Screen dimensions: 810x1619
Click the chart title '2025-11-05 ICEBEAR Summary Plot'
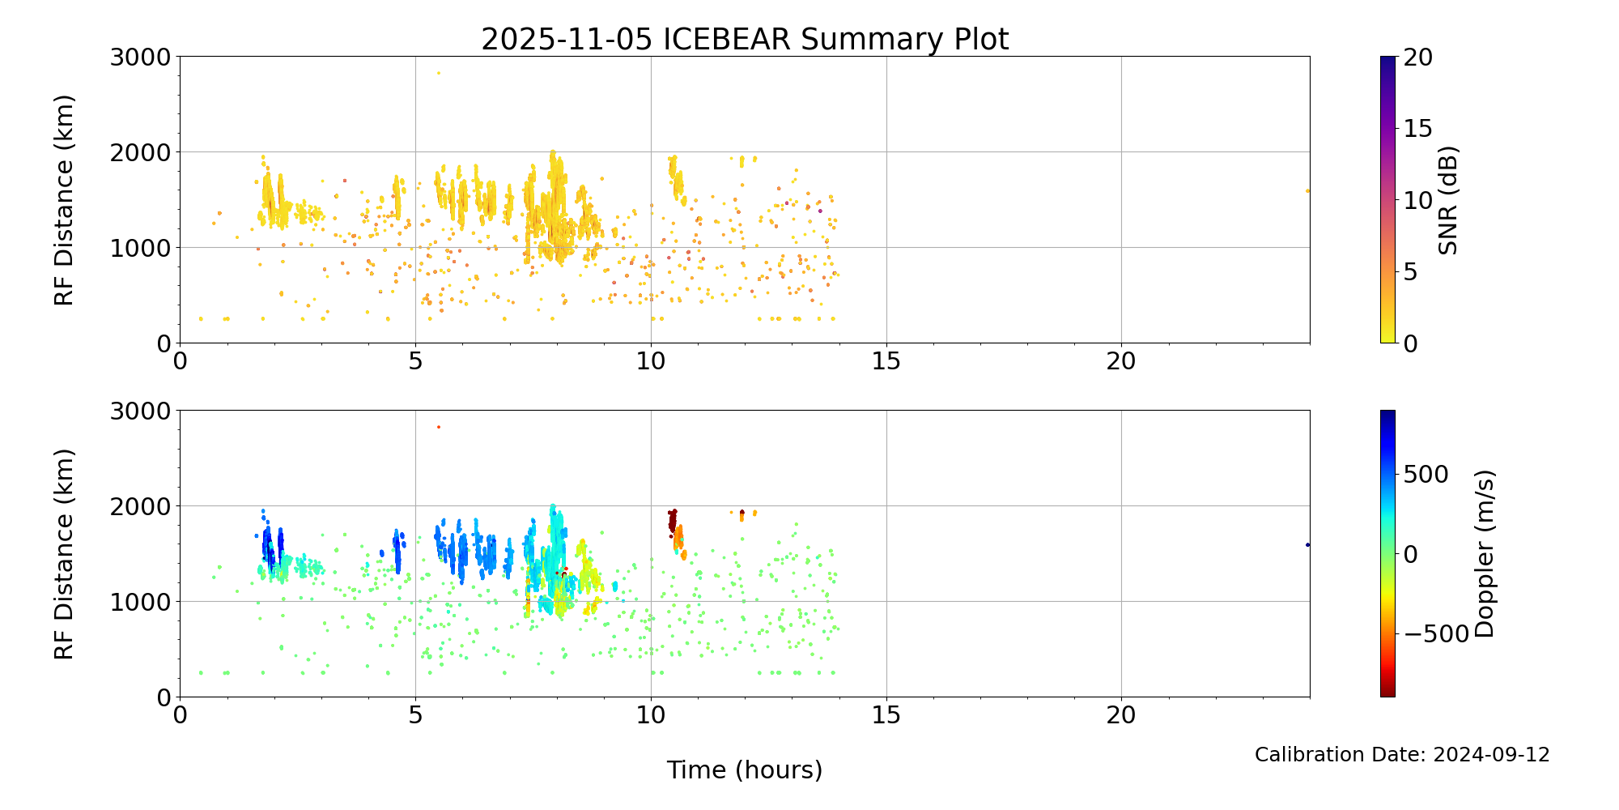pyautogui.click(x=745, y=39)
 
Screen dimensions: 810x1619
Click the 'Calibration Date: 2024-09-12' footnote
pyautogui.click(x=1402, y=755)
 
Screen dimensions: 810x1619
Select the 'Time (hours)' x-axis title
pyautogui.click(x=745, y=770)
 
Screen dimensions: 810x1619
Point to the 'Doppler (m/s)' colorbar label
pyautogui.click(x=1484, y=554)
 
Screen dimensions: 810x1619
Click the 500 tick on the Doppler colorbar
pyautogui.click(x=1426, y=475)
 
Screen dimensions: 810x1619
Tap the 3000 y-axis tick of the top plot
pyautogui.click(x=142, y=57)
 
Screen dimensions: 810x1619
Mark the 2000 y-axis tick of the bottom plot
pyautogui.click(x=142, y=506)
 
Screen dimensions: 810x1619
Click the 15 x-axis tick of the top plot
pyautogui.click(x=886, y=361)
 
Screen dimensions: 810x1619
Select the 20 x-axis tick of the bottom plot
pyautogui.click(x=1121, y=715)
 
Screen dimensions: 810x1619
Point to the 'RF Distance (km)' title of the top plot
pyautogui.click(x=64, y=200)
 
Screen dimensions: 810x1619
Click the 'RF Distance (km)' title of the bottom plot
pyautogui.click(x=64, y=554)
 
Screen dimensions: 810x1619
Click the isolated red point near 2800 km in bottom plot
pyautogui.click(x=439, y=427)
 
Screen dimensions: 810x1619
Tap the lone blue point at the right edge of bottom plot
pyautogui.click(x=1307, y=545)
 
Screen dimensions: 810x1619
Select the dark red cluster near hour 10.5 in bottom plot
pyautogui.click(x=672, y=520)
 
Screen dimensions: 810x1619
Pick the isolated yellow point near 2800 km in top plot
pyautogui.click(x=439, y=73)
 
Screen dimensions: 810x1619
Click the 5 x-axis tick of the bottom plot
pyautogui.click(x=415, y=715)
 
